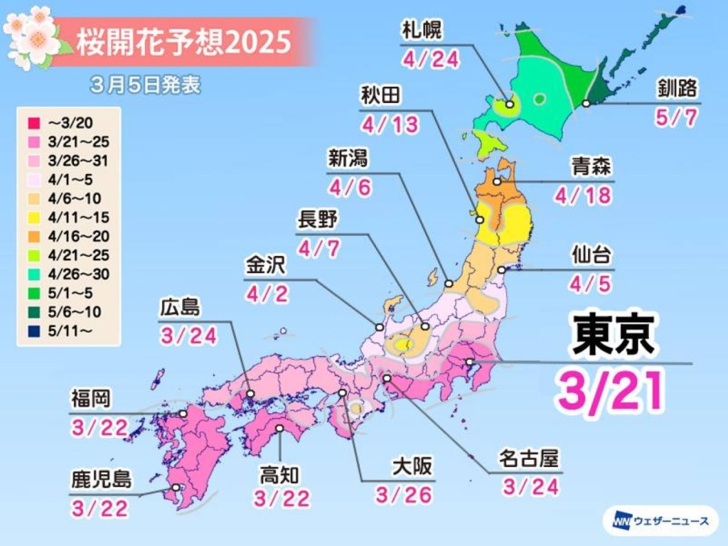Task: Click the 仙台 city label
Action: (591, 255)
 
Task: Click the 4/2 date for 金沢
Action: (267, 293)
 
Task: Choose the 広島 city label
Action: (181, 308)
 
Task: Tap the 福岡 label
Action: (91, 399)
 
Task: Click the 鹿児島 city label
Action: (101, 478)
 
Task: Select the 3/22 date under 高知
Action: (283, 498)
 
